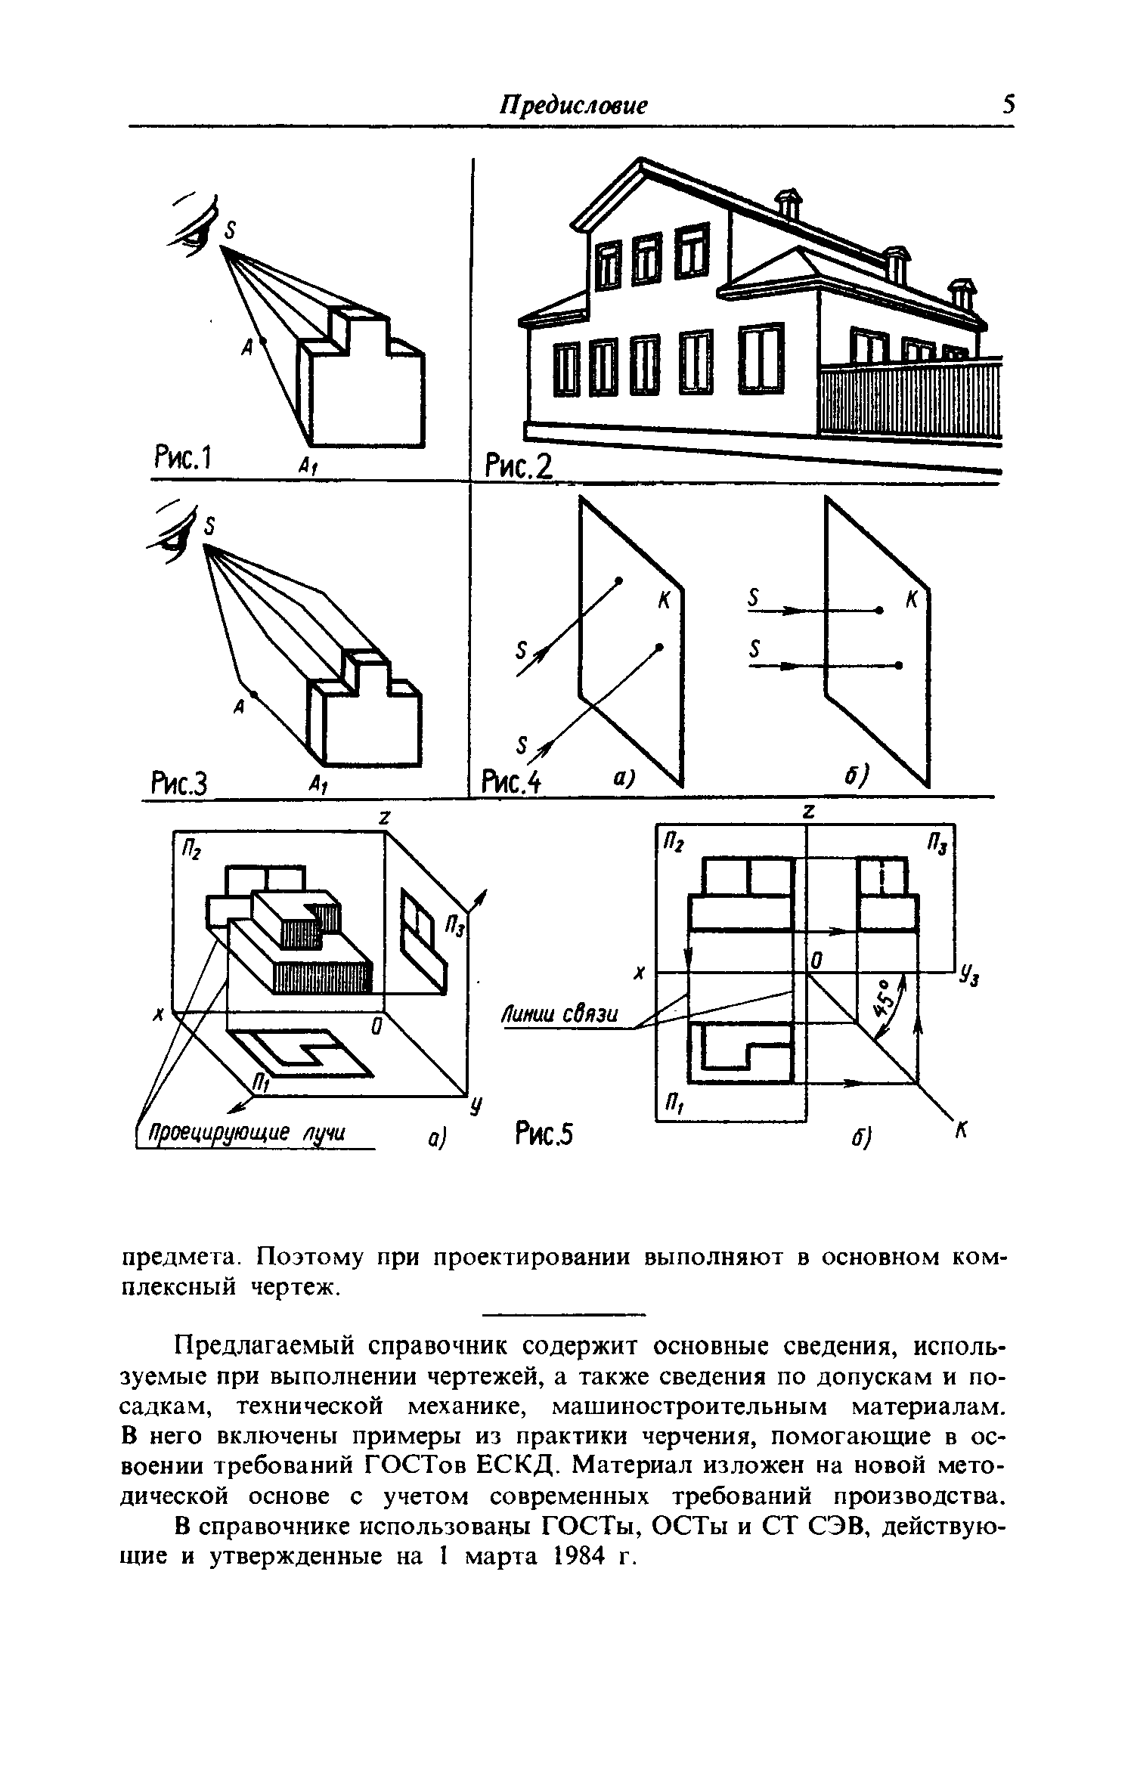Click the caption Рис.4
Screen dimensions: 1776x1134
pos(513,781)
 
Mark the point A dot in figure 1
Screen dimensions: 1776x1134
pos(263,342)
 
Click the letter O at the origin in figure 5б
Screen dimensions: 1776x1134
pos(817,961)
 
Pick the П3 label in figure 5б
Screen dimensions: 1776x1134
pos(937,843)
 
